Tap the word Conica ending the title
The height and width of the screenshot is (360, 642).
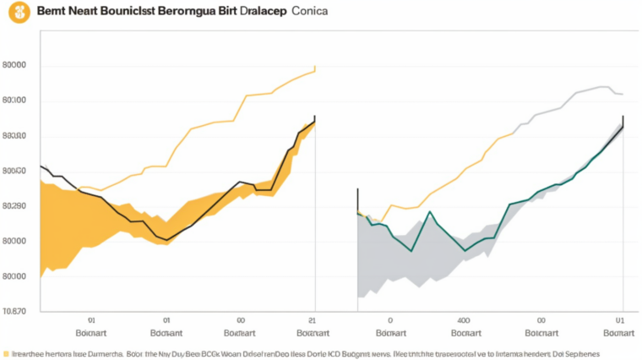pos(311,14)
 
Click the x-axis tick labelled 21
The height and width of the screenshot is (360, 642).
pos(313,320)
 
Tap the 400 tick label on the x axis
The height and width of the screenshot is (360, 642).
pos(463,320)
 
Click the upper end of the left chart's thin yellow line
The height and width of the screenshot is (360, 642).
pos(314,68)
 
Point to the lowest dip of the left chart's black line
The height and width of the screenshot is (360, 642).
pos(167,240)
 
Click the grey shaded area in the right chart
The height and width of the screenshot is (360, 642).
pos(397,262)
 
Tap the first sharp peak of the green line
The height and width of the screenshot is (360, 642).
pos(428,211)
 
